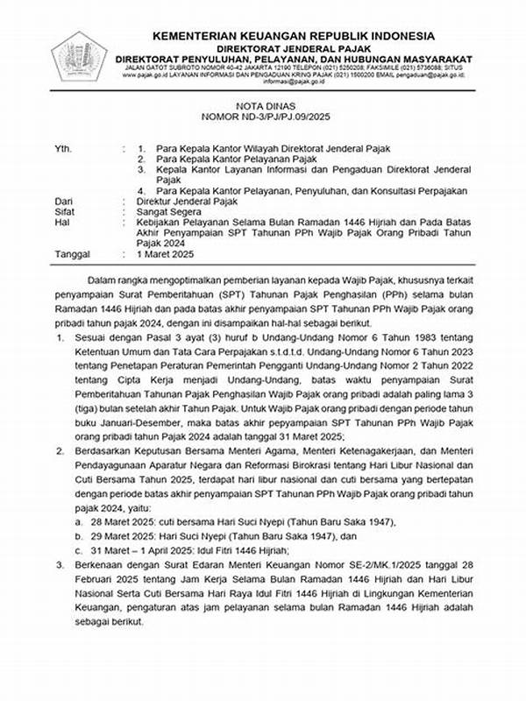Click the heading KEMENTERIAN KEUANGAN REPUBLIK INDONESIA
point(292,35)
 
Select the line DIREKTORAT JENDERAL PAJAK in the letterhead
point(292,47)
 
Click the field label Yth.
point(38,148)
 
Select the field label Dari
point(39,201)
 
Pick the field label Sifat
point(39,212)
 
